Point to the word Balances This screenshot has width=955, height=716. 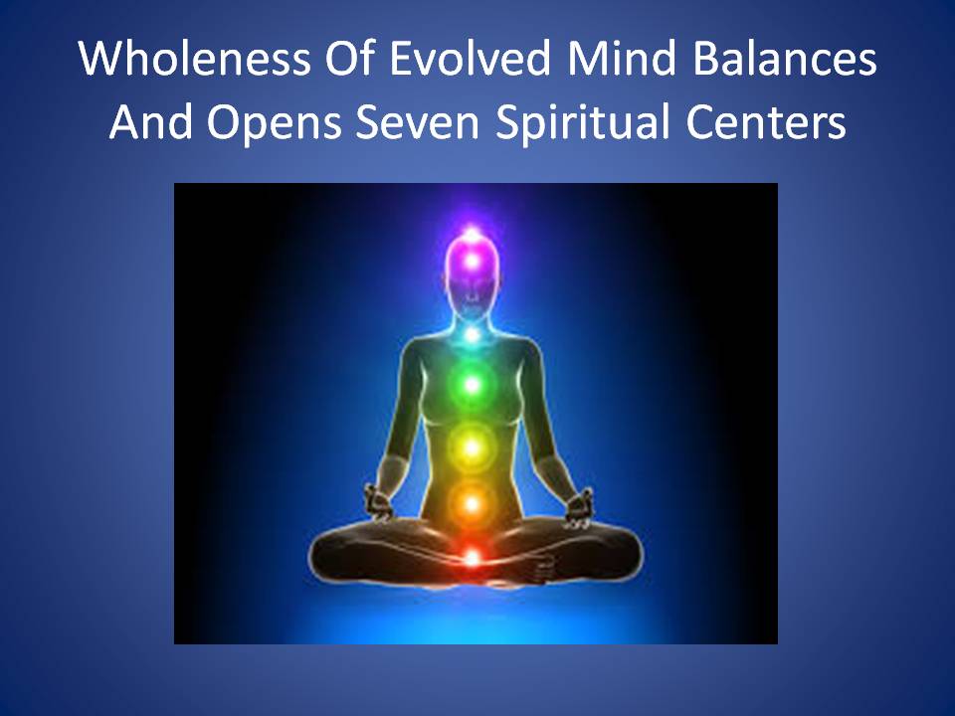[x=785, y=59]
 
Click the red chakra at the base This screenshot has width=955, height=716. [x=473, y=557]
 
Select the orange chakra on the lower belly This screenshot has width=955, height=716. [x=472, y=503]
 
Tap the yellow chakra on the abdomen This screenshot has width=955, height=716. [x=472, y=448]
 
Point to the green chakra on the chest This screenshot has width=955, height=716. [x=472, y=385]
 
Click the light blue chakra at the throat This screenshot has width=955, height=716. [x=472, y=334]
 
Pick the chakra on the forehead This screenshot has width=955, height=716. [x=472, y=262]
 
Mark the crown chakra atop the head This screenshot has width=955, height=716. [x=472, y=233]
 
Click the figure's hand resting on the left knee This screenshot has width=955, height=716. [x=379, y=502]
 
